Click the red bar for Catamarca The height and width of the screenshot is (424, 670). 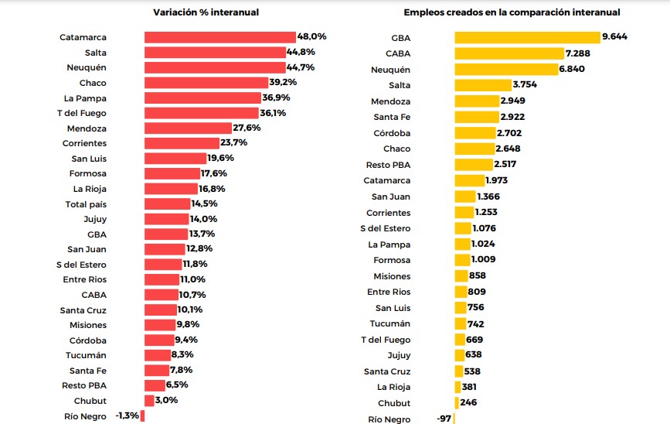(x=219, y=37)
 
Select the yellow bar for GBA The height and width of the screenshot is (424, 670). (x=527, y=37)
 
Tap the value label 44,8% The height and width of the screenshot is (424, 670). (x=302, y=53)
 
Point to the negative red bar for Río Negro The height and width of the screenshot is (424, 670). (x=142, y=416)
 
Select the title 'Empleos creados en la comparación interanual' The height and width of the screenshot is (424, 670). (x=512, y=12)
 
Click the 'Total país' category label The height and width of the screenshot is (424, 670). (x=86, y=204)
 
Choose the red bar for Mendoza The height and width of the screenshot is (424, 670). (x=188, y=128)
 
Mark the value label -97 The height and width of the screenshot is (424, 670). (x=442, y=419)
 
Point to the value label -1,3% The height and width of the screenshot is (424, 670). (x=127, y=416)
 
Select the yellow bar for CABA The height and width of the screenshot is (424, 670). (x=508, y=53)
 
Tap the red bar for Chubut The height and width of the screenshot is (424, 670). (x=148, y=401)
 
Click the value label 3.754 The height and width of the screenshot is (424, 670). (x=524, y=85)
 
